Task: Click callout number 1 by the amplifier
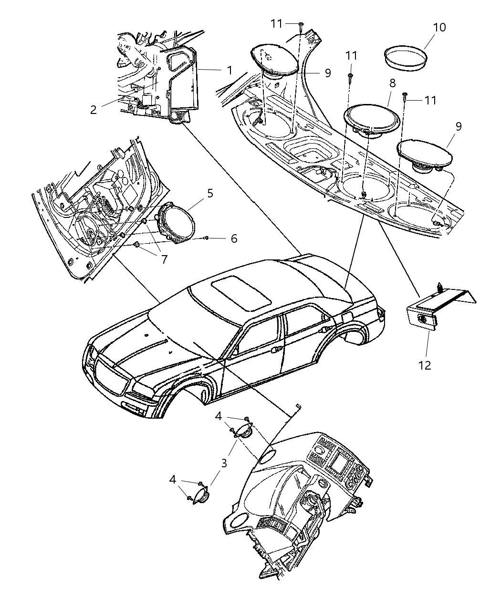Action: (230, 70)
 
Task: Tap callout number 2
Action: (93, 110)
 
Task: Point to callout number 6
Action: (233, 238)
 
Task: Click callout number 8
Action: (392, 83)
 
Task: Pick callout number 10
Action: (439, 27)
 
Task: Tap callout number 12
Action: (424, 365)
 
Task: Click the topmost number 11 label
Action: (277, 23)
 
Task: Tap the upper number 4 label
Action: (218, 416)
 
